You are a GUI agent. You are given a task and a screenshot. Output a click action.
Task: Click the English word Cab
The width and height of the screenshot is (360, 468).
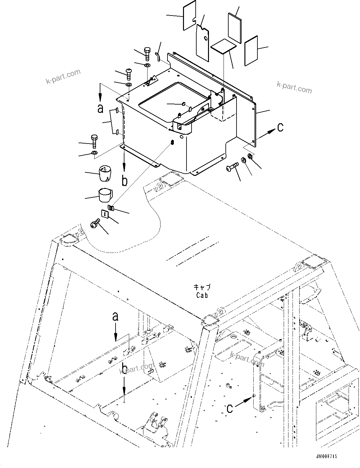(x=202, y=295)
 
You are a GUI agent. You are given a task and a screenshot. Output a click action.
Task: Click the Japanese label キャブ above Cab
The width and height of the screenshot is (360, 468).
(x=202, y=287)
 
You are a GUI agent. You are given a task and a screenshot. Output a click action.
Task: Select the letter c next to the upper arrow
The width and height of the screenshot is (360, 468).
(x=280, y=127)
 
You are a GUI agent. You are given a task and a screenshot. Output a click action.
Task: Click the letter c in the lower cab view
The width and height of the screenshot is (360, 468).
(x=230, y=408)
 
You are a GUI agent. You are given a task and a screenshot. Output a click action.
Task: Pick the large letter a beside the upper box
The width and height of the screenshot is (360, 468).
(x=100, y=109)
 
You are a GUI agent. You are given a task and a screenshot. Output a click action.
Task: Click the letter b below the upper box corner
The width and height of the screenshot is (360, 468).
(x=125, y=181)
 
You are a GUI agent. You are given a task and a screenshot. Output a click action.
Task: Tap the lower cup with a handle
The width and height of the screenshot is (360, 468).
(x=105, y=195)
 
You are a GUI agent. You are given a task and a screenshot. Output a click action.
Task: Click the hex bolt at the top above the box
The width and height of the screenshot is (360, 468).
(x=148, y=54)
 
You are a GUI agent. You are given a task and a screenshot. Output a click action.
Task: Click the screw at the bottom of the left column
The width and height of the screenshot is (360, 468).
(x=95, y=224)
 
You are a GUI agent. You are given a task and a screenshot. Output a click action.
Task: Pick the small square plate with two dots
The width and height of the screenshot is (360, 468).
(x=104, y=214)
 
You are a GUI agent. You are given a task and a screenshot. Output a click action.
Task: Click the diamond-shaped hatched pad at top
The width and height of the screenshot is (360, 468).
(x=224, y=47)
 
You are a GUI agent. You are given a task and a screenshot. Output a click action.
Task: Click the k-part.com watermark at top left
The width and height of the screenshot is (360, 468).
(x=63, y=77)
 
